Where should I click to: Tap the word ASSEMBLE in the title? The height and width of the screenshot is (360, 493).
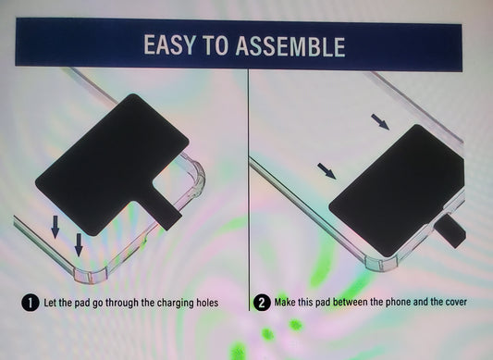click(290, 46)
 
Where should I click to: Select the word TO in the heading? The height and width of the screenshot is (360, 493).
click(216, 45)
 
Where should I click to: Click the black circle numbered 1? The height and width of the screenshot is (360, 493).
click(31, 303)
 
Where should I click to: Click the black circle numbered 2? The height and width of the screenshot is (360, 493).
click(262, 303)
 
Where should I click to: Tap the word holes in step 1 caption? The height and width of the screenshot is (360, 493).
click(207, 303)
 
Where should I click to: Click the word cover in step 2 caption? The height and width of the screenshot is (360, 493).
click(456, 302)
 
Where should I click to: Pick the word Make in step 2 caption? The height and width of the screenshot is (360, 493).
click(285, 302)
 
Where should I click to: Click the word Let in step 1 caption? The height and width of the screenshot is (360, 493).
click(50, 303)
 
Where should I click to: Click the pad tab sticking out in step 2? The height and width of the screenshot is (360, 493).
click(450, 231)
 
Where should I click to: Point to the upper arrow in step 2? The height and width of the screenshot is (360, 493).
click(380, 122)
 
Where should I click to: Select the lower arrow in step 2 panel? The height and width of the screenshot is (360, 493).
click(327, 171)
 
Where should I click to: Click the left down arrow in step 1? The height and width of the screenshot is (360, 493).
click(55, 227)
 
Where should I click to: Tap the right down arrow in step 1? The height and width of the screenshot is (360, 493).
click(79, 244)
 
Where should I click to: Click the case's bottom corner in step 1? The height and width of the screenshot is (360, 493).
click(90, 276)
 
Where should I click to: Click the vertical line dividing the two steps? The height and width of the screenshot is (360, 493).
click(249, 190)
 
